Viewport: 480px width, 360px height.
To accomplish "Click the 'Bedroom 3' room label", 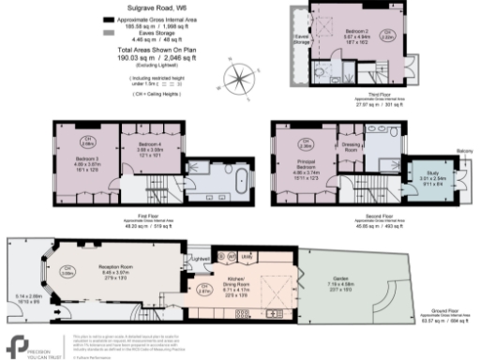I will click(82, 161).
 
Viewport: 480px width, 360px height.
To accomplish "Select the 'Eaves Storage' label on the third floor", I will click(301, 39).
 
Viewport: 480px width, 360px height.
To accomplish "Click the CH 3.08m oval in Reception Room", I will click(67, 273).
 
